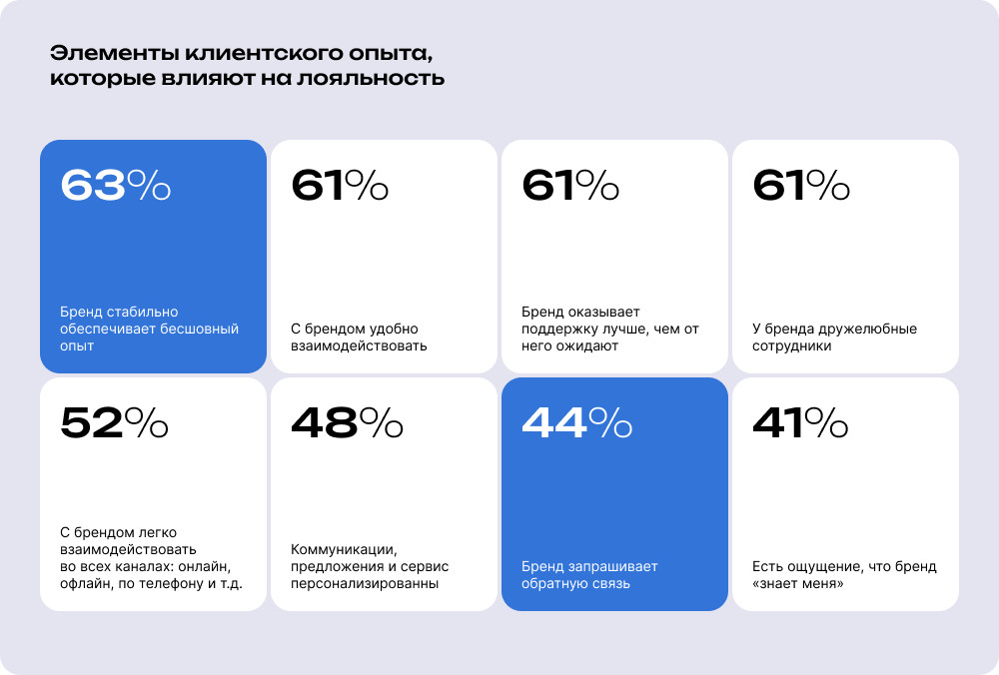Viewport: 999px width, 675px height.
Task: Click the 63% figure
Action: pos(115,185)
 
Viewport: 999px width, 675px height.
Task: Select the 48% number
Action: pos(347,422)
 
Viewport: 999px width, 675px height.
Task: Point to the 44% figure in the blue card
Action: pos(576,422)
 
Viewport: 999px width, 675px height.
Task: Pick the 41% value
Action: pos(800,422)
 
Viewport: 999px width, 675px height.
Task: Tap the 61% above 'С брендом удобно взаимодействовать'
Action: pos(340,185)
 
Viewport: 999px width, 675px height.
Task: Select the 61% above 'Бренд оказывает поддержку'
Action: pos(570,185)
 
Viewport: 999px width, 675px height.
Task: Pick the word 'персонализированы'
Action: pos(365,584)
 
